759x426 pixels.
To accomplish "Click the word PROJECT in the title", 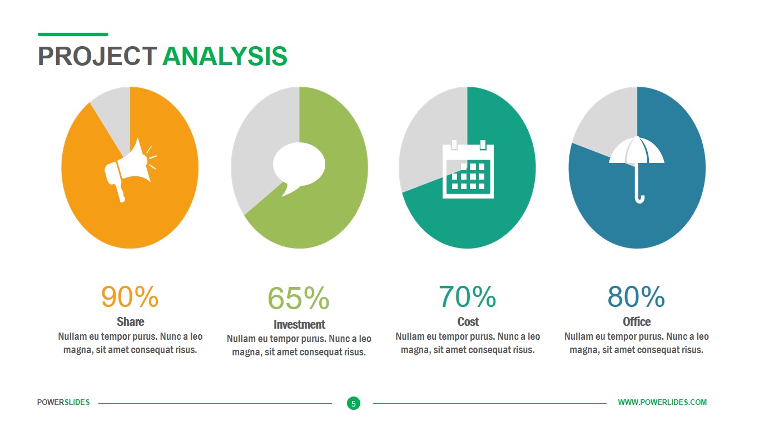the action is coord(97,56).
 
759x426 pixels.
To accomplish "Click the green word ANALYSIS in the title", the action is coord(225,56).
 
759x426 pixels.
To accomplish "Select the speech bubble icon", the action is coord(299,169).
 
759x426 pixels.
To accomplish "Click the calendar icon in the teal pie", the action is coord(468,169).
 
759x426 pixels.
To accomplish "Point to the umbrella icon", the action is coord(637,170).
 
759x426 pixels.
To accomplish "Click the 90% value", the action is coord(130,296).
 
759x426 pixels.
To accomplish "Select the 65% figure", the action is coord(299,298).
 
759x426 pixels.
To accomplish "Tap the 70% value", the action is coord(468,296).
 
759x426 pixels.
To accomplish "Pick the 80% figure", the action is coord(636,296).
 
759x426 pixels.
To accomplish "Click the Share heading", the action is coord(131,321).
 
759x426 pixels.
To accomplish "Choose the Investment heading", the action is coord(299,324).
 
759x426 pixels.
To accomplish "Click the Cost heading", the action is coord(468,321).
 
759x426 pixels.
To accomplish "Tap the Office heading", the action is coord(637,321).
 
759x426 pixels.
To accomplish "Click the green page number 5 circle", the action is coord(354,403).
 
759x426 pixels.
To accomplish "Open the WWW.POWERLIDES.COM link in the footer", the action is coord(662,402).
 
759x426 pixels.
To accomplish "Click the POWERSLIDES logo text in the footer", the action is coord(63,402).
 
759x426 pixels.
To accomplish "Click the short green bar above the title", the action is coord(73,34).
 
